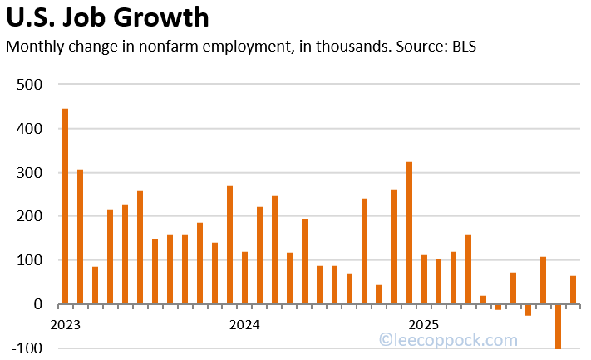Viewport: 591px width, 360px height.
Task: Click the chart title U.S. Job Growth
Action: click(x=107, y=17)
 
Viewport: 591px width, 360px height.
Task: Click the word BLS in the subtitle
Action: click(x=463, y=47)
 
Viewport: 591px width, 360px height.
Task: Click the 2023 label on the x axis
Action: click(x=66, y=323)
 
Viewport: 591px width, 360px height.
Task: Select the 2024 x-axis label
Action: click(x=244, y=323)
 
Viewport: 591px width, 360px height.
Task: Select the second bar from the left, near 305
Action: click(x=81, y=237)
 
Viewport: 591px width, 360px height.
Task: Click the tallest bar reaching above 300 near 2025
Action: click(x=409, y=233)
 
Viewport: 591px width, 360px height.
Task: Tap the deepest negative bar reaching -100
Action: click(x=559, y=327)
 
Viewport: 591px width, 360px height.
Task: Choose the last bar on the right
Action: click(x=574, y=290)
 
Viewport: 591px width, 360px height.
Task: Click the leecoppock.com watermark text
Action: click(x=448, y=340)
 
